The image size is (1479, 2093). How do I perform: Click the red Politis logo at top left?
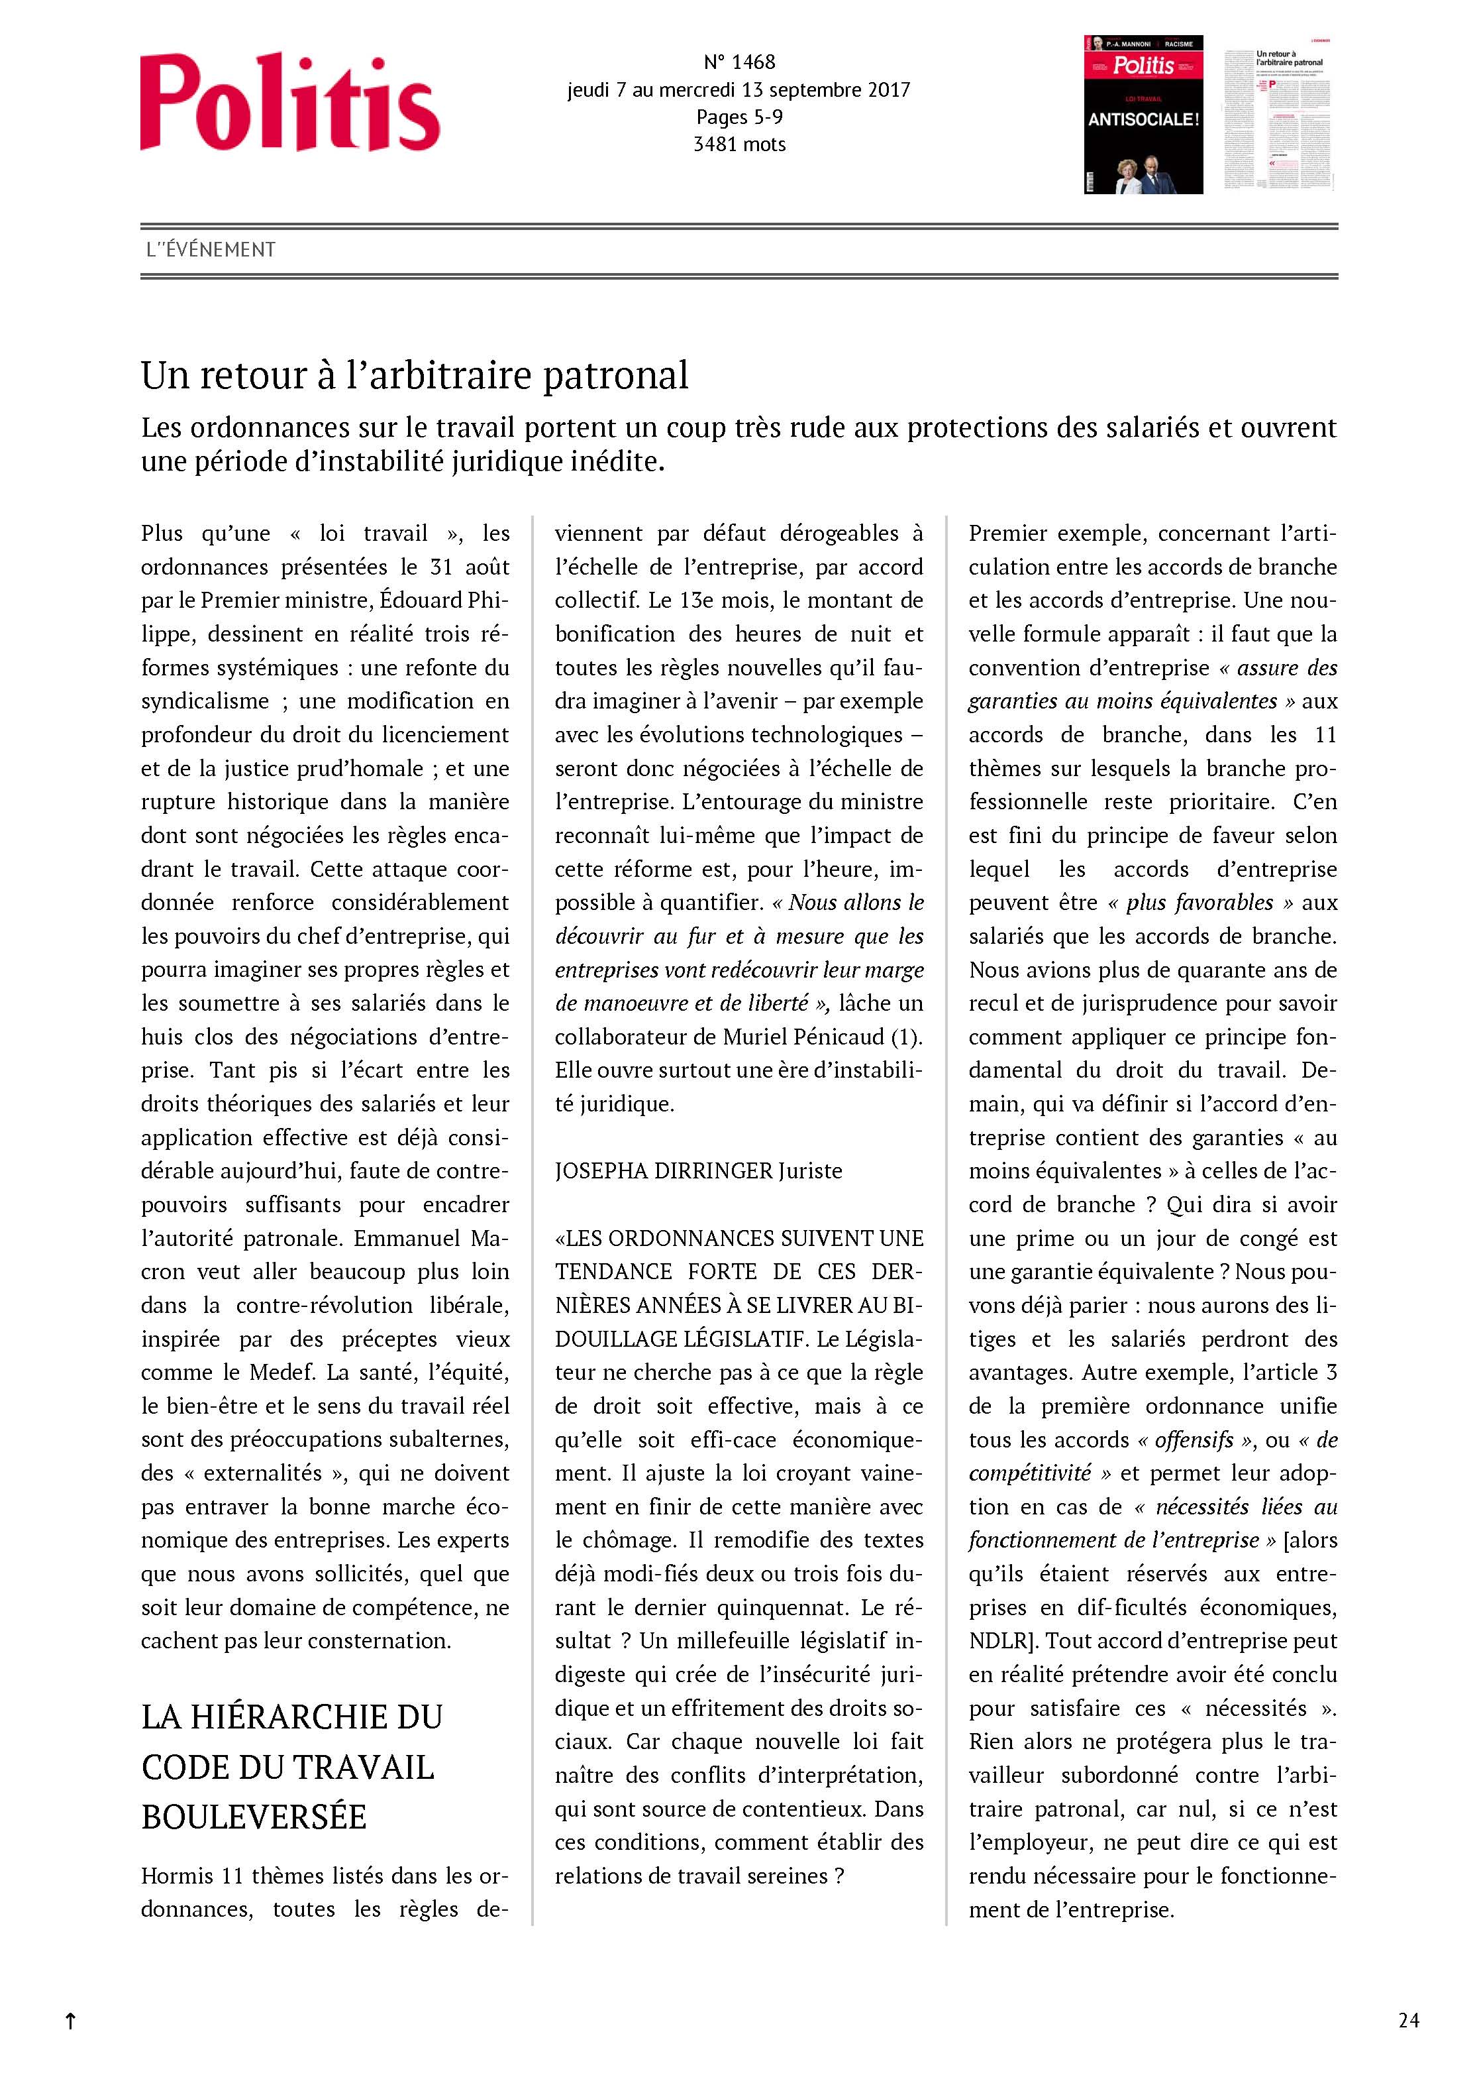click(x=290, y=102)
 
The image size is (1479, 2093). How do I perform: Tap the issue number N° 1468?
click(x=739, y=62)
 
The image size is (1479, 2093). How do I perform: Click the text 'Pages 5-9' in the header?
click(x=739, y=117)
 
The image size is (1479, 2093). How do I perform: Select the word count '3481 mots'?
click(x=739, y=144)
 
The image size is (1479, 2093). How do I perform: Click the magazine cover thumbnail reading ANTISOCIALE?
click(x=1143, y=115)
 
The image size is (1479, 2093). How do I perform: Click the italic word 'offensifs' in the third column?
click(x=1193, y=1440)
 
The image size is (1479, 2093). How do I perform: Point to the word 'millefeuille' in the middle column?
click(x=725, y=1640)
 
